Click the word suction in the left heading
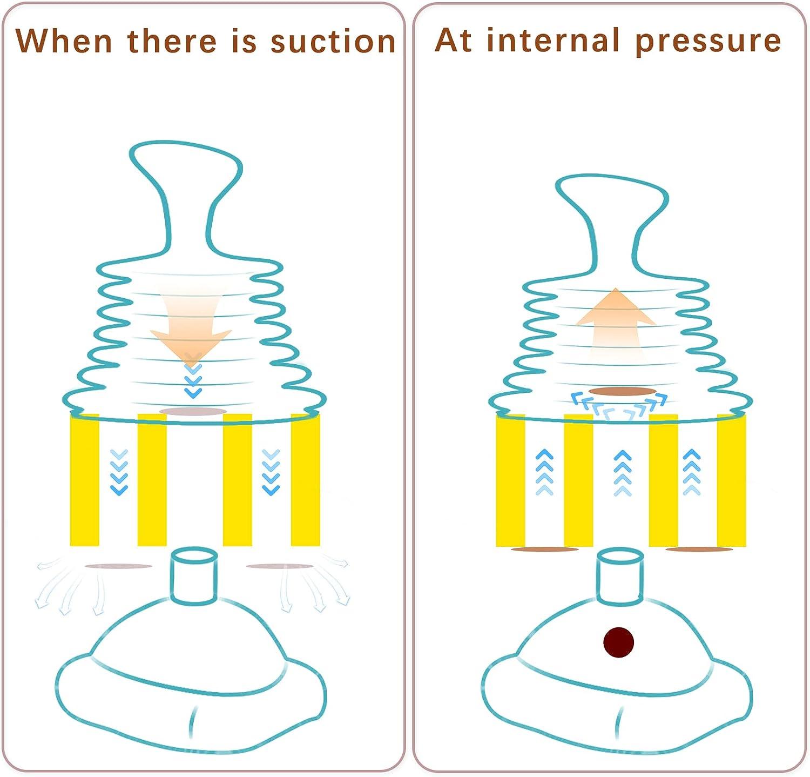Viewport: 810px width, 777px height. tap(333, 42)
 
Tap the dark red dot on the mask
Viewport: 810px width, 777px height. tap(618, 642)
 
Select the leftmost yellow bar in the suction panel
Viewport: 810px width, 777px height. tap(85, 480)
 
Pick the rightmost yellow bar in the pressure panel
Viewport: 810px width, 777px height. tap(731, 480)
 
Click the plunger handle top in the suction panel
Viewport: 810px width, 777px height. tap(186, 162)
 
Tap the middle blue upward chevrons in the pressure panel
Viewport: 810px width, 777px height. tap(623, 473)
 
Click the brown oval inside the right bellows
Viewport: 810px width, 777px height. tap(622, 391)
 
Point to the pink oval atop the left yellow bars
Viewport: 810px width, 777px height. tap(193, 412)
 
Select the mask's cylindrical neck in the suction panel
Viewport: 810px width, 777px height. tap(194, 575)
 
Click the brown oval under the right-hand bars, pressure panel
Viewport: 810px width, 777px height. tap(699, 550)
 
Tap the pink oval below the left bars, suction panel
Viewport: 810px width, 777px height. tap(118, 566)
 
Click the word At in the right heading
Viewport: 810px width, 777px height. tap(453, 41)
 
